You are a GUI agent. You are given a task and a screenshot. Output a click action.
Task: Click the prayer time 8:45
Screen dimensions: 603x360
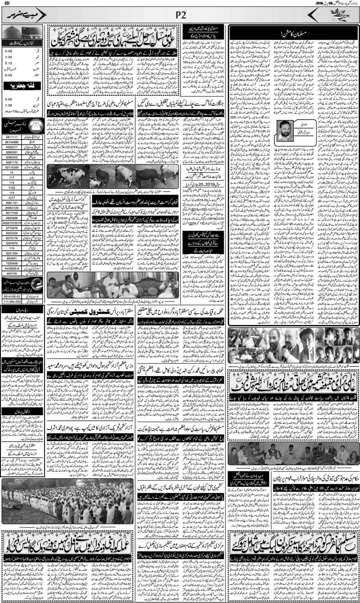coord(9,75)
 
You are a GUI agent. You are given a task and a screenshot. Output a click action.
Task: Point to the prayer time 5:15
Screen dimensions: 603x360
coord(9,63)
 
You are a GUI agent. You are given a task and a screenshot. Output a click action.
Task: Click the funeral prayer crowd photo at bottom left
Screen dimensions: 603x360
coord(67,502)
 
